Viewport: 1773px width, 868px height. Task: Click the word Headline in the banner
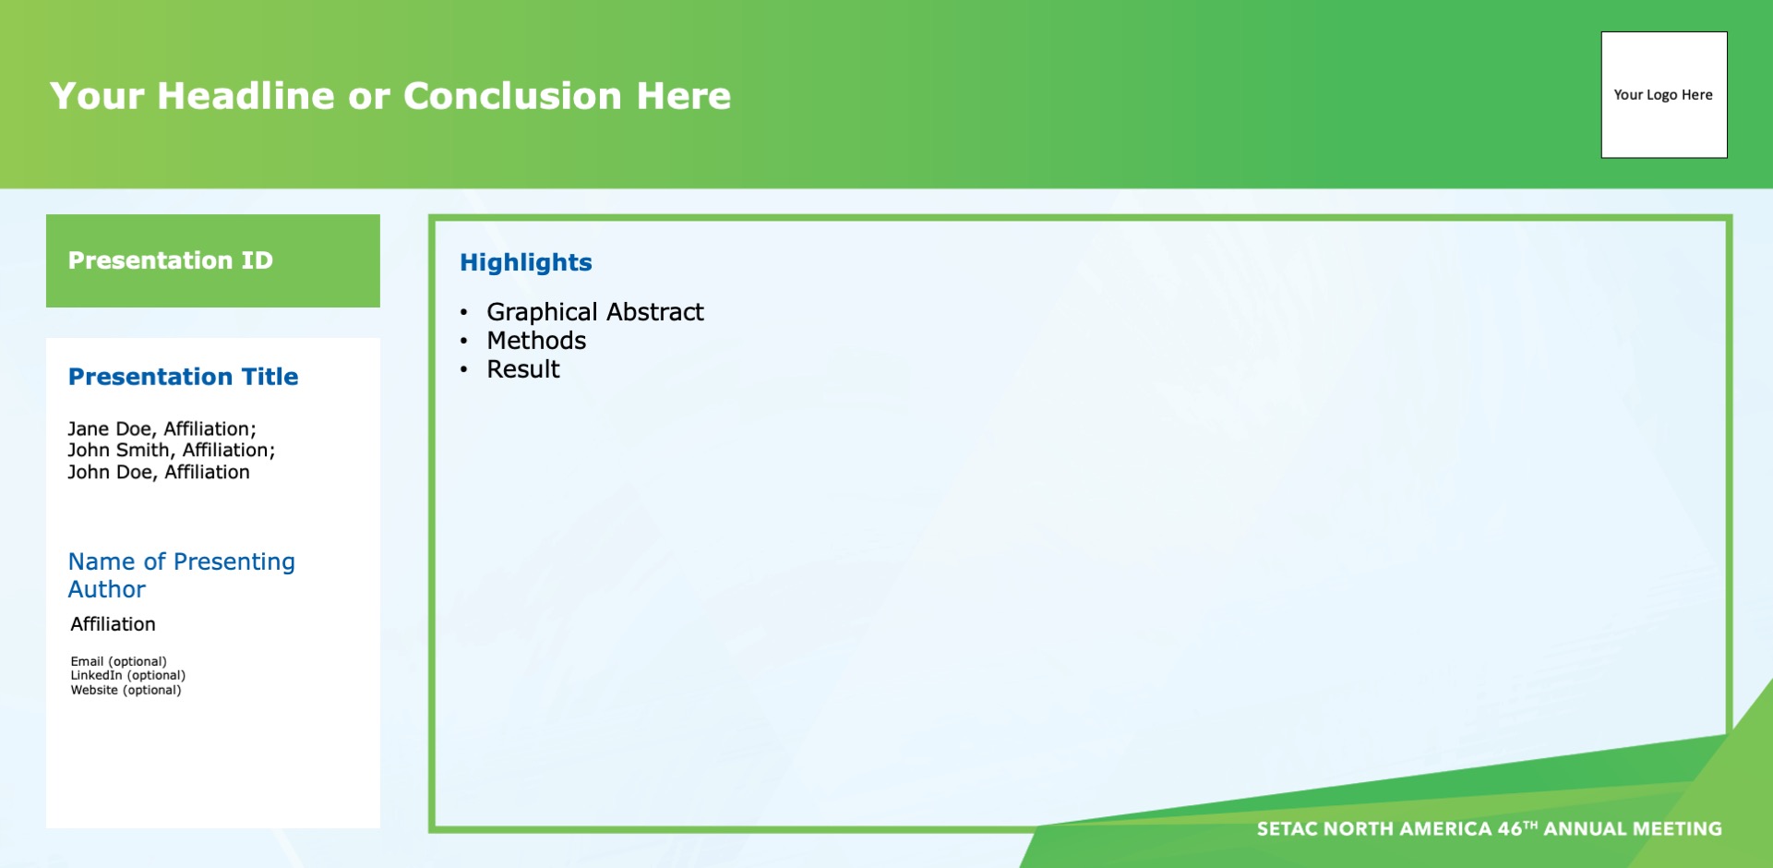pos(246,96)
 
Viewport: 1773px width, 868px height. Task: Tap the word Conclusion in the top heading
pos(512,96)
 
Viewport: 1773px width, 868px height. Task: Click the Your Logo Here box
pos(1664,95)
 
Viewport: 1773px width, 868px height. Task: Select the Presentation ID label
pos(171,260)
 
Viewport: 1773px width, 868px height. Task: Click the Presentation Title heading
pos(183,377)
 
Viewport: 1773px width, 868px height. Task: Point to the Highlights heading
pos(526,263)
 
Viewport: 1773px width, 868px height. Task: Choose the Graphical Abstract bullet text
pos(595,312)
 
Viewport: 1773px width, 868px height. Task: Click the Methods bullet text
pos(536,341)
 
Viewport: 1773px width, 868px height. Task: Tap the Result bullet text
pos(523,369)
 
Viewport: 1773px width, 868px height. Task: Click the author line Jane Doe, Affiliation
pos(162,429)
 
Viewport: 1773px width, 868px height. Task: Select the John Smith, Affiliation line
pos(171,451)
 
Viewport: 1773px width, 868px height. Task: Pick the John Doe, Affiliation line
pos(158,473)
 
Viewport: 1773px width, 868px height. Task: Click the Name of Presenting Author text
pos(181,575)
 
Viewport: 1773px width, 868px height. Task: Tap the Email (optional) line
pos(118,661)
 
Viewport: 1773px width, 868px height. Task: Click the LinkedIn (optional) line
pos(127,675)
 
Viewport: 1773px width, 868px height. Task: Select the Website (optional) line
pos(126,690)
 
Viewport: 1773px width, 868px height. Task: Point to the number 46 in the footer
pos(1510,829)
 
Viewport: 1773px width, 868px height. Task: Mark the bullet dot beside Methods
pos(464,342)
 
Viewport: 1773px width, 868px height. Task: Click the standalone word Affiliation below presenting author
pos(113,624)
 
